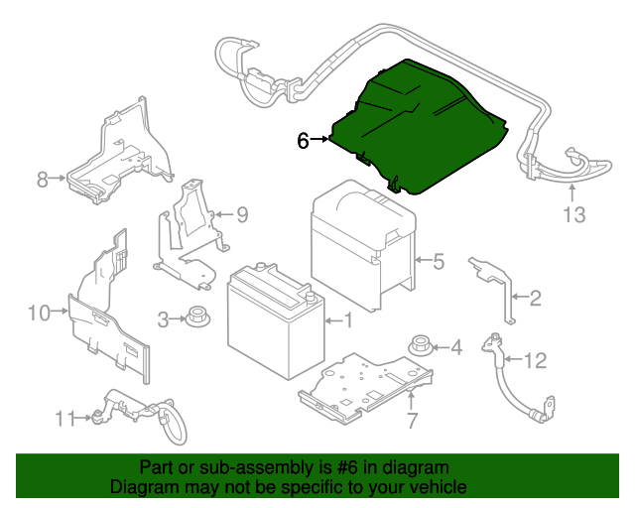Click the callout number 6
(x=304, y=141)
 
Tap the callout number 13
(x=575, y=214)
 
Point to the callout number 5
(x=438, y=262)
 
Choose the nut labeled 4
(x=420, y=346)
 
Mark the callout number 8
(x=43, y=180)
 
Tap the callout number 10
(x=38, y=314)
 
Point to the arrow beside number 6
(x=319, y=141)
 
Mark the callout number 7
(x=411, y=423)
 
